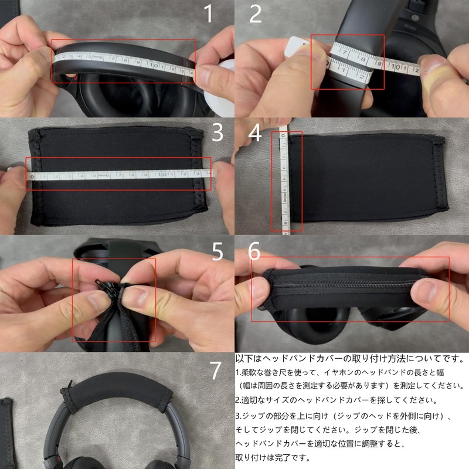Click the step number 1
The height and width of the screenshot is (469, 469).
pyautogui.click(x=208, y=14)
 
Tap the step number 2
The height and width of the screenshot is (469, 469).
pyautogui.click(x=256, y=14)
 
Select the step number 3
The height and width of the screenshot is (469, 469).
pyautogui.click(x=217, y=133)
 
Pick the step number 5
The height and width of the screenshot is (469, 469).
pyautogui.click(x=217, y=252)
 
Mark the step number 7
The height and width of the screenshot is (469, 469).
pyautogui.click(x=216, y=371)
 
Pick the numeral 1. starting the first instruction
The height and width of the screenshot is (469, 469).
pyautogui.click(x=237, y=372)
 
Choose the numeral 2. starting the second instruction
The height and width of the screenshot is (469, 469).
pyautogui.click(x=237, y=400)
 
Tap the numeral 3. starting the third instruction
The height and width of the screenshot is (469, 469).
pyautogui.click(x=237, y=416)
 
